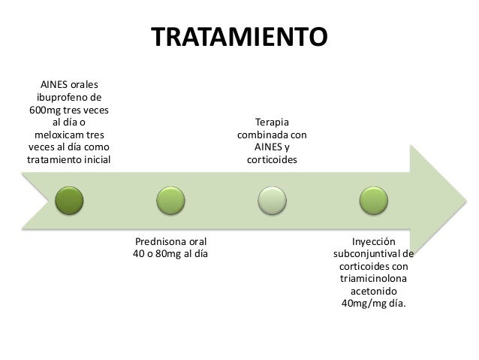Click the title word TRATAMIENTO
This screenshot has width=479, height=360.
click(x=239, y=37)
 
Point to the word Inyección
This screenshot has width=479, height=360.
click(x=373, y=242)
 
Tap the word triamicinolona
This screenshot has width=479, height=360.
click(x=373, y=279)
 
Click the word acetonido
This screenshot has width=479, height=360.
click(x=373, y=291)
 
